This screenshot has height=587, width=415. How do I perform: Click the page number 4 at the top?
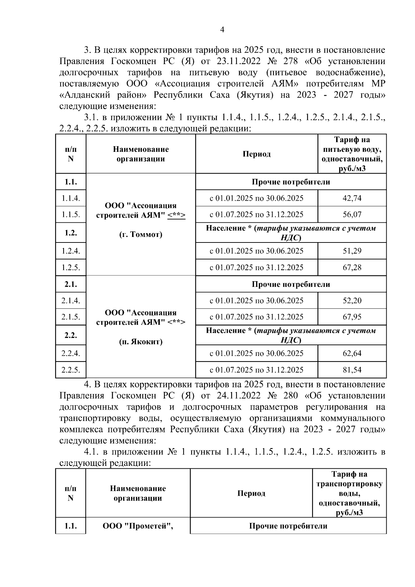tap(222, 30)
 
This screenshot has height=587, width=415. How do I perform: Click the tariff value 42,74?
tap(352, 198)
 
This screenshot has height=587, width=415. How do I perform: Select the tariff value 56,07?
tap(352, 214)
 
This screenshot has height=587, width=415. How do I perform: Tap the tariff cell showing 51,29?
tap(352, 251)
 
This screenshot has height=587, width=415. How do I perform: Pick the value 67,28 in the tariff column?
tap(352, 267)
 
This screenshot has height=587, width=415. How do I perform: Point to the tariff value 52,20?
tap(352, 301)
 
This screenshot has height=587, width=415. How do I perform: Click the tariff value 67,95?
tap(352, 317)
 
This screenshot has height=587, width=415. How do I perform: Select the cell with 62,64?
tap(352, 353)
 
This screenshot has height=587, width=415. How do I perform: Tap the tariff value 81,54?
tap(352, 370)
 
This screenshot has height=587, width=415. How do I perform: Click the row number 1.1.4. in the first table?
tap(71, 198)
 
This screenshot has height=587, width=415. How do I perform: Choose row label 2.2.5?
tap(71, 370)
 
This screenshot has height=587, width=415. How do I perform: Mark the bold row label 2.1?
tap(71, 284)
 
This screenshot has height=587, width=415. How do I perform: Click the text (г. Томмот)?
tap(140, 235)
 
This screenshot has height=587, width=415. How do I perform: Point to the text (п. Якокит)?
tap(140, 342)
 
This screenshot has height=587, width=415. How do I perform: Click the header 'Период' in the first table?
tap(256, 154)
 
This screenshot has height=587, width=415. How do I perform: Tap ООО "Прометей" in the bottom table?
tap(138, 526)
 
